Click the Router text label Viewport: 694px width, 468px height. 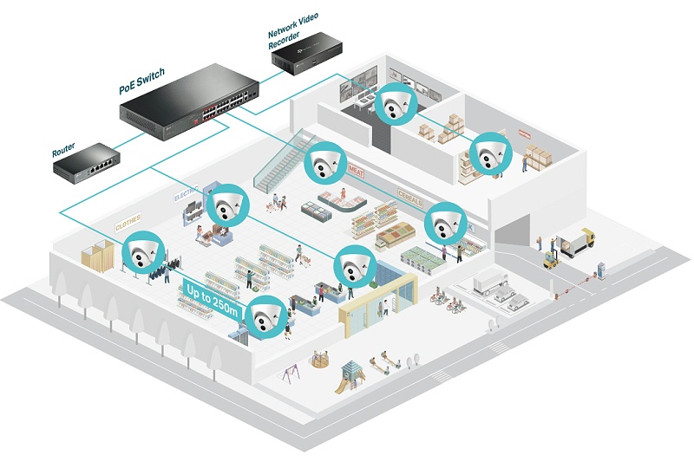click(63, 152)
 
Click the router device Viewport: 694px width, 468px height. click(88, 162)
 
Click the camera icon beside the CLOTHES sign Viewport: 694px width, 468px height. click(141, 253)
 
